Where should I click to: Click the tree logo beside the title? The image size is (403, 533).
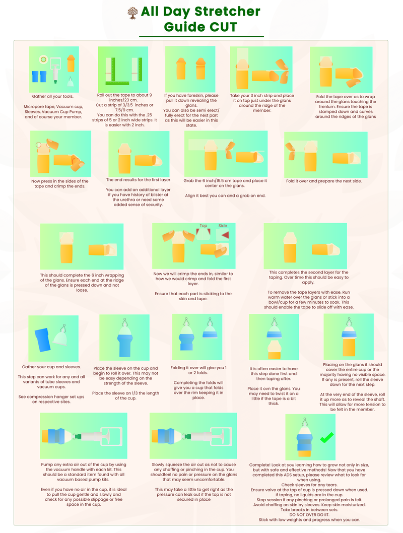point(132,13)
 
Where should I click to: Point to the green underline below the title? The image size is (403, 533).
point(201,36)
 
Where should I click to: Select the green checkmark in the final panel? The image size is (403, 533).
point(327,437)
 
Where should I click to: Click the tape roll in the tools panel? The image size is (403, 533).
point(43,60)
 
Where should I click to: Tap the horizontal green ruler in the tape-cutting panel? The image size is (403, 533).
point(117,83)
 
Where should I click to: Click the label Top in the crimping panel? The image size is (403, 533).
point(203,226)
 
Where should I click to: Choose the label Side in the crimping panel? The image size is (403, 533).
point(223,226)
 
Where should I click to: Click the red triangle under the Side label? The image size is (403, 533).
point(225,235)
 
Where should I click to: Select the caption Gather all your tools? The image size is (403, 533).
point(53,97)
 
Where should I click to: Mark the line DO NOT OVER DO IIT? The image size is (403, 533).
point(309,515)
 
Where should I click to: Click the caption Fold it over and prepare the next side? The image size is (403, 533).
point(324,181)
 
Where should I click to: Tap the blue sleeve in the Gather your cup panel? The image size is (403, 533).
point(42,339)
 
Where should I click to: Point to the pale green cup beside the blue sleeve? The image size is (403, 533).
point(60,338)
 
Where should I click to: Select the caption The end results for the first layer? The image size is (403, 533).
point(139,180)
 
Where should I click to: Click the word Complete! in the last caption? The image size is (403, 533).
point(259,465)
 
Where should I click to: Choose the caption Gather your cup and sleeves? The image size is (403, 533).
point(51,367)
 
